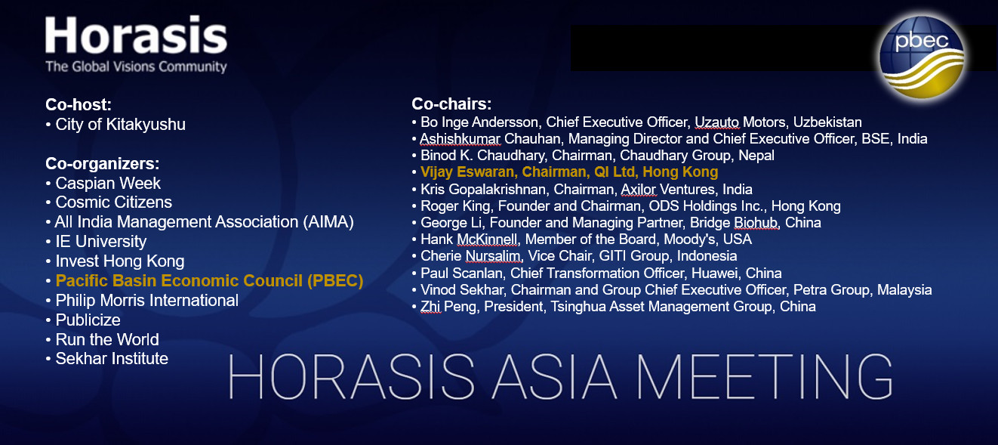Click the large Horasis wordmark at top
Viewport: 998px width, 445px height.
pos(137,35)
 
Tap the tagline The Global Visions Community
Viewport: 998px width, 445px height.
pos(136,66)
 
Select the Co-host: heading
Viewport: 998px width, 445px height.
pos(79,104)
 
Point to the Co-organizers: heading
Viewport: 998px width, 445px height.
pos(103,164)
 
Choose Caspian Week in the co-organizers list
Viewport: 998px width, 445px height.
pos(108,184)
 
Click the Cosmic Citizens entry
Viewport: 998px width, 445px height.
pos(113,202)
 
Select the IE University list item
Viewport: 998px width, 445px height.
pos(100,242)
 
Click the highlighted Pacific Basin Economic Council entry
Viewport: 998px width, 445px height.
pos(209,281)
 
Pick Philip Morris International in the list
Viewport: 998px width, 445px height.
pos(147,301)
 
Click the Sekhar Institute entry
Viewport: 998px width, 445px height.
pos(112,359)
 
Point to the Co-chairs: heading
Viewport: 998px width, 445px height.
pos(451,104)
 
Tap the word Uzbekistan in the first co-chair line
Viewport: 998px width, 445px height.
pos(827,122)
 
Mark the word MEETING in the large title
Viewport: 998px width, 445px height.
pos(764,376)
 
